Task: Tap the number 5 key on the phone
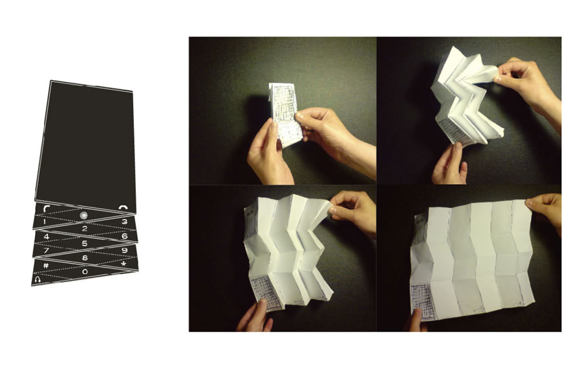85,244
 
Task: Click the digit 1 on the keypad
45,222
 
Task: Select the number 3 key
125,222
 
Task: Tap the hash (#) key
46,265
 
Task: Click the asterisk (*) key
124,264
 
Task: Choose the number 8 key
85,258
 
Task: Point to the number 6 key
125,236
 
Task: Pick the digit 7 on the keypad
47,251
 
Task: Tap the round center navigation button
84,215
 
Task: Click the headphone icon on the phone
37,279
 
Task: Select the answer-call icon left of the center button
47,208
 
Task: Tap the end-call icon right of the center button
123,207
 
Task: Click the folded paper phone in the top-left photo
285,114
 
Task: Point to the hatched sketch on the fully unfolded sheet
423,302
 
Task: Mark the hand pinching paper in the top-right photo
524,83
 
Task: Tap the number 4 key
47,236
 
